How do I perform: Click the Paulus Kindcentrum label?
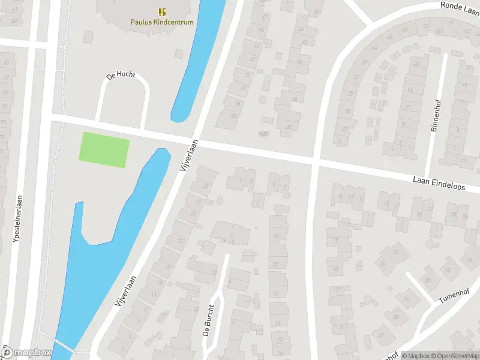point(162,22)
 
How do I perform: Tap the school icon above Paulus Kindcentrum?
point(162,11)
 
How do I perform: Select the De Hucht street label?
point(121,76)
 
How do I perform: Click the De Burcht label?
point(208,323)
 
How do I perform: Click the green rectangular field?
point(104,149)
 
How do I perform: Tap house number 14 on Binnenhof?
point(410,90)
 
